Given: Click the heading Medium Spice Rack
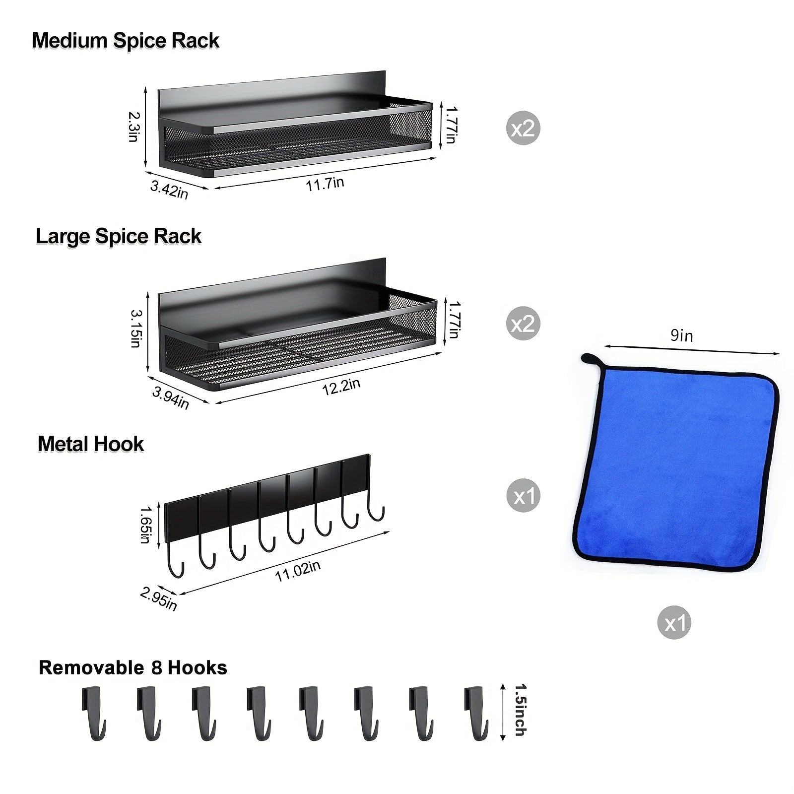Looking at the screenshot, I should [125, 41].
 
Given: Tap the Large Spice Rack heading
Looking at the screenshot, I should [119, 236].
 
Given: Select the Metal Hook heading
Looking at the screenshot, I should [91, 444].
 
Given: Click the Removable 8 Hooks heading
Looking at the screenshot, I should [132, 667].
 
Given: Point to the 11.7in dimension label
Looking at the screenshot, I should [325, 184].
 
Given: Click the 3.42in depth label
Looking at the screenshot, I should [169, 190].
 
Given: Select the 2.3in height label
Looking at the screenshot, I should [133, 127].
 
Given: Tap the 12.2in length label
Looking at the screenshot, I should [341, 387].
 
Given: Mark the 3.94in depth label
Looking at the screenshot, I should [170, 398].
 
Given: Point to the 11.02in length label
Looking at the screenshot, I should [298, 571].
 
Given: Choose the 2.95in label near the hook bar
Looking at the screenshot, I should [158, 599].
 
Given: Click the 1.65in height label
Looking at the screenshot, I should [145, 525].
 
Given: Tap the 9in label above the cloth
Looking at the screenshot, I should [681, 336].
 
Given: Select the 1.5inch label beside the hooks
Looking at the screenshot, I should [520, 710].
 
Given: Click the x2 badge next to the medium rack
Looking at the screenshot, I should [523, 128].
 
